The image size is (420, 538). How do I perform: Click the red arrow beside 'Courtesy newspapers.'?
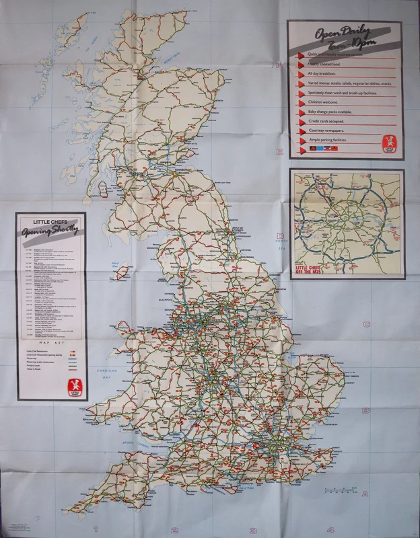301,133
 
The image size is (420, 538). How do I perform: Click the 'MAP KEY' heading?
50,342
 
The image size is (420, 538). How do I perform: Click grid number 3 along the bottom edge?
254,529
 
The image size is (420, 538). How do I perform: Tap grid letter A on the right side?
365,493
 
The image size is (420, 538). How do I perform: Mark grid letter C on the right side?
365,324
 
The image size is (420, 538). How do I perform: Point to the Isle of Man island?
120,273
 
